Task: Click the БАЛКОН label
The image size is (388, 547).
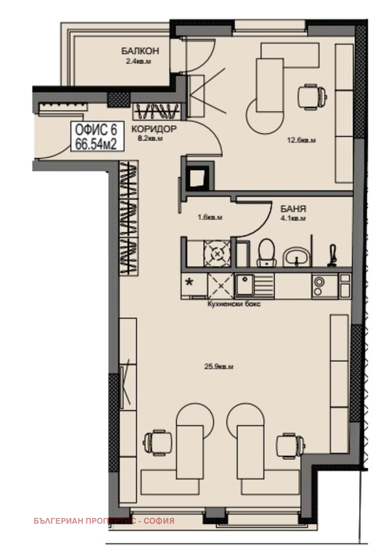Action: point(140,51)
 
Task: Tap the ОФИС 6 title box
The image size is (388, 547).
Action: point(98,137)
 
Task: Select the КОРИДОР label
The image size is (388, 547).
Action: point(154,129)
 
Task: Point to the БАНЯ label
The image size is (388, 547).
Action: point(293,209)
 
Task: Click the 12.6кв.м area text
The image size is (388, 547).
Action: point(302,141)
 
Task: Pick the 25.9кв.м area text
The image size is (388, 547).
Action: point(219,367)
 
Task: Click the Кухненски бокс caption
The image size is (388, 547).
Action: point(234,304)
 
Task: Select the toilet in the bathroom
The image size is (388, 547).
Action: point(266,253)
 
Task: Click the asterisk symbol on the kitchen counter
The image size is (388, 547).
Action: point(190,282)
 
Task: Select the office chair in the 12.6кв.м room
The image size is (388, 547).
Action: point(312,97)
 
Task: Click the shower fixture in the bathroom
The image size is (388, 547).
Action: point(332,256)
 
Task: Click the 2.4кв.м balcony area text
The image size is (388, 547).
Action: point(139,62)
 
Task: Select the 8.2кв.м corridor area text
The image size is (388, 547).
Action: point(150,138)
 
